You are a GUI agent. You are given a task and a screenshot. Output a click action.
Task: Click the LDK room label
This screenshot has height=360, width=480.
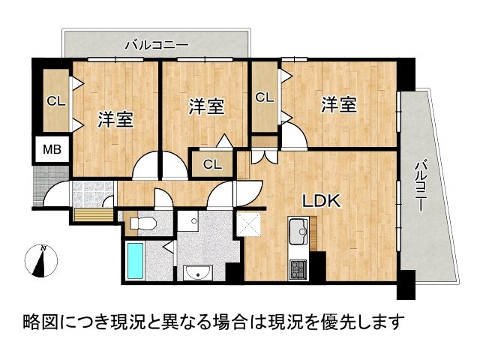point(322,201)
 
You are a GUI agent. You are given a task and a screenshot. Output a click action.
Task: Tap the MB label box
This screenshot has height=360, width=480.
point(50,149)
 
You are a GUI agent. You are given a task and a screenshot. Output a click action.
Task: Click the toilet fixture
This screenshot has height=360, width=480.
point(143,222)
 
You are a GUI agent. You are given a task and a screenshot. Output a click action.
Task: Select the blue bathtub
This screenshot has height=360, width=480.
point(136,260)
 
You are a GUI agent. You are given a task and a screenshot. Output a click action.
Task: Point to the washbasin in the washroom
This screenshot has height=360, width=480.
point(199,271)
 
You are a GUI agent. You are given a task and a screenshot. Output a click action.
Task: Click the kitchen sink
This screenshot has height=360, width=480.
point(298,229)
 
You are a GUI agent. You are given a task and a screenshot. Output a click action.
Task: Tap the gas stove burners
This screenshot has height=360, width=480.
point(298,266)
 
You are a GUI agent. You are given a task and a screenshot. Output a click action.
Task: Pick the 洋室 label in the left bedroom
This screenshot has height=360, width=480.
point(115,119)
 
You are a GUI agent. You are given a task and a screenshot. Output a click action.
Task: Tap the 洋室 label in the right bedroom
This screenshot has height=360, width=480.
point(340,105)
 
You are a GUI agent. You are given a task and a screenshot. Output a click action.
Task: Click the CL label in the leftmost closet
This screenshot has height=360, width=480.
point(55,100)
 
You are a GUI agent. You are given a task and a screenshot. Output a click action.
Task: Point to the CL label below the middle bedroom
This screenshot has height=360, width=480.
point(212,164)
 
